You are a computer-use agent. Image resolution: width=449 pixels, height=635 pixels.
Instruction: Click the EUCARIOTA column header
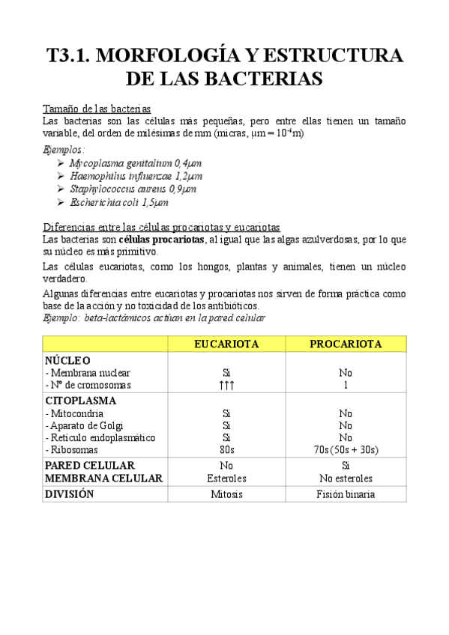click(226, 344)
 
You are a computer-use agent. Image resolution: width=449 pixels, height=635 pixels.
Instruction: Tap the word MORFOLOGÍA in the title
click(175, 57)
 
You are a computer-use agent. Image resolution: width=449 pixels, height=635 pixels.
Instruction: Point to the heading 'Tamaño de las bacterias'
click(97, 108)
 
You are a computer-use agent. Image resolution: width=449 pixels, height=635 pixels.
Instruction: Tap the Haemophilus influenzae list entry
click(136, 176)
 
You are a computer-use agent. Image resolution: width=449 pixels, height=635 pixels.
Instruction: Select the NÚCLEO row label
click(67, 360)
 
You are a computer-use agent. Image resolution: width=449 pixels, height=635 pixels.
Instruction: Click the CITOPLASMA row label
click(80, 400)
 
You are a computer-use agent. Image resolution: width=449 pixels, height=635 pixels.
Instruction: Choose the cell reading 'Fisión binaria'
click(345, 494)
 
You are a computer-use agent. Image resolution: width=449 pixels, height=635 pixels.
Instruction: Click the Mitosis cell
click(226, 494)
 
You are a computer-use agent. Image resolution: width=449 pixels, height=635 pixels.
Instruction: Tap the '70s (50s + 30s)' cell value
click(345, 450)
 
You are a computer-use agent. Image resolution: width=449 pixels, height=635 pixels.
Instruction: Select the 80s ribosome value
click(226, 450)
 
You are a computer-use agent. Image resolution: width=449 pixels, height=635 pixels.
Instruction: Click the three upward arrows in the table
click(226, 385)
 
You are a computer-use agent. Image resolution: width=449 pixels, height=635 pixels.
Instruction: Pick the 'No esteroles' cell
click(345, 478)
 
